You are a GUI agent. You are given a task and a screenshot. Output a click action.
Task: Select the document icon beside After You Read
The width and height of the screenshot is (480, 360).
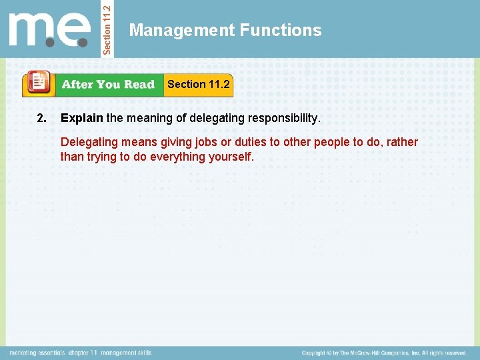pos(39,84)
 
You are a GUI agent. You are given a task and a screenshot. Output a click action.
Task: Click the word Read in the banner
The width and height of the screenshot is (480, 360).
pos(139,85)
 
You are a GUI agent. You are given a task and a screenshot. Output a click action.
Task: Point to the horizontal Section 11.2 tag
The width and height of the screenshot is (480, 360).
pos(199,84)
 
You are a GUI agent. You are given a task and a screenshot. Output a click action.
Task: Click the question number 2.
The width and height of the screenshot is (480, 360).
pos(42,119)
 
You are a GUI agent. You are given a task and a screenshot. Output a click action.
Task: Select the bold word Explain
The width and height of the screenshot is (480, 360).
pos(82,119)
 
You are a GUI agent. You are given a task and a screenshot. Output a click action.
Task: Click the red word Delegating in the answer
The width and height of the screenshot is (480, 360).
pos(87,142)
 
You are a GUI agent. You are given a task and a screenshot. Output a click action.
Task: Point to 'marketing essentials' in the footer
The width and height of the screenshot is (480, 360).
pos(37,353)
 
